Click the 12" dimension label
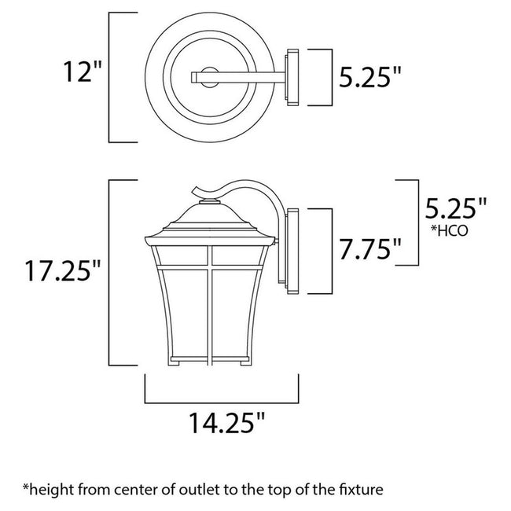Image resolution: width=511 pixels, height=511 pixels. (x=82, y=77)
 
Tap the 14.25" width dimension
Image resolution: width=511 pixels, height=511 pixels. (x=222, y=425)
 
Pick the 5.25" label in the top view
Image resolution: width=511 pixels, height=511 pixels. (x=369, y=77)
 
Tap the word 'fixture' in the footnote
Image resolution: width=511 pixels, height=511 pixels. (x=358, y=489)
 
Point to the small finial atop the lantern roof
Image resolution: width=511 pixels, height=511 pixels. (x=209, y=203)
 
